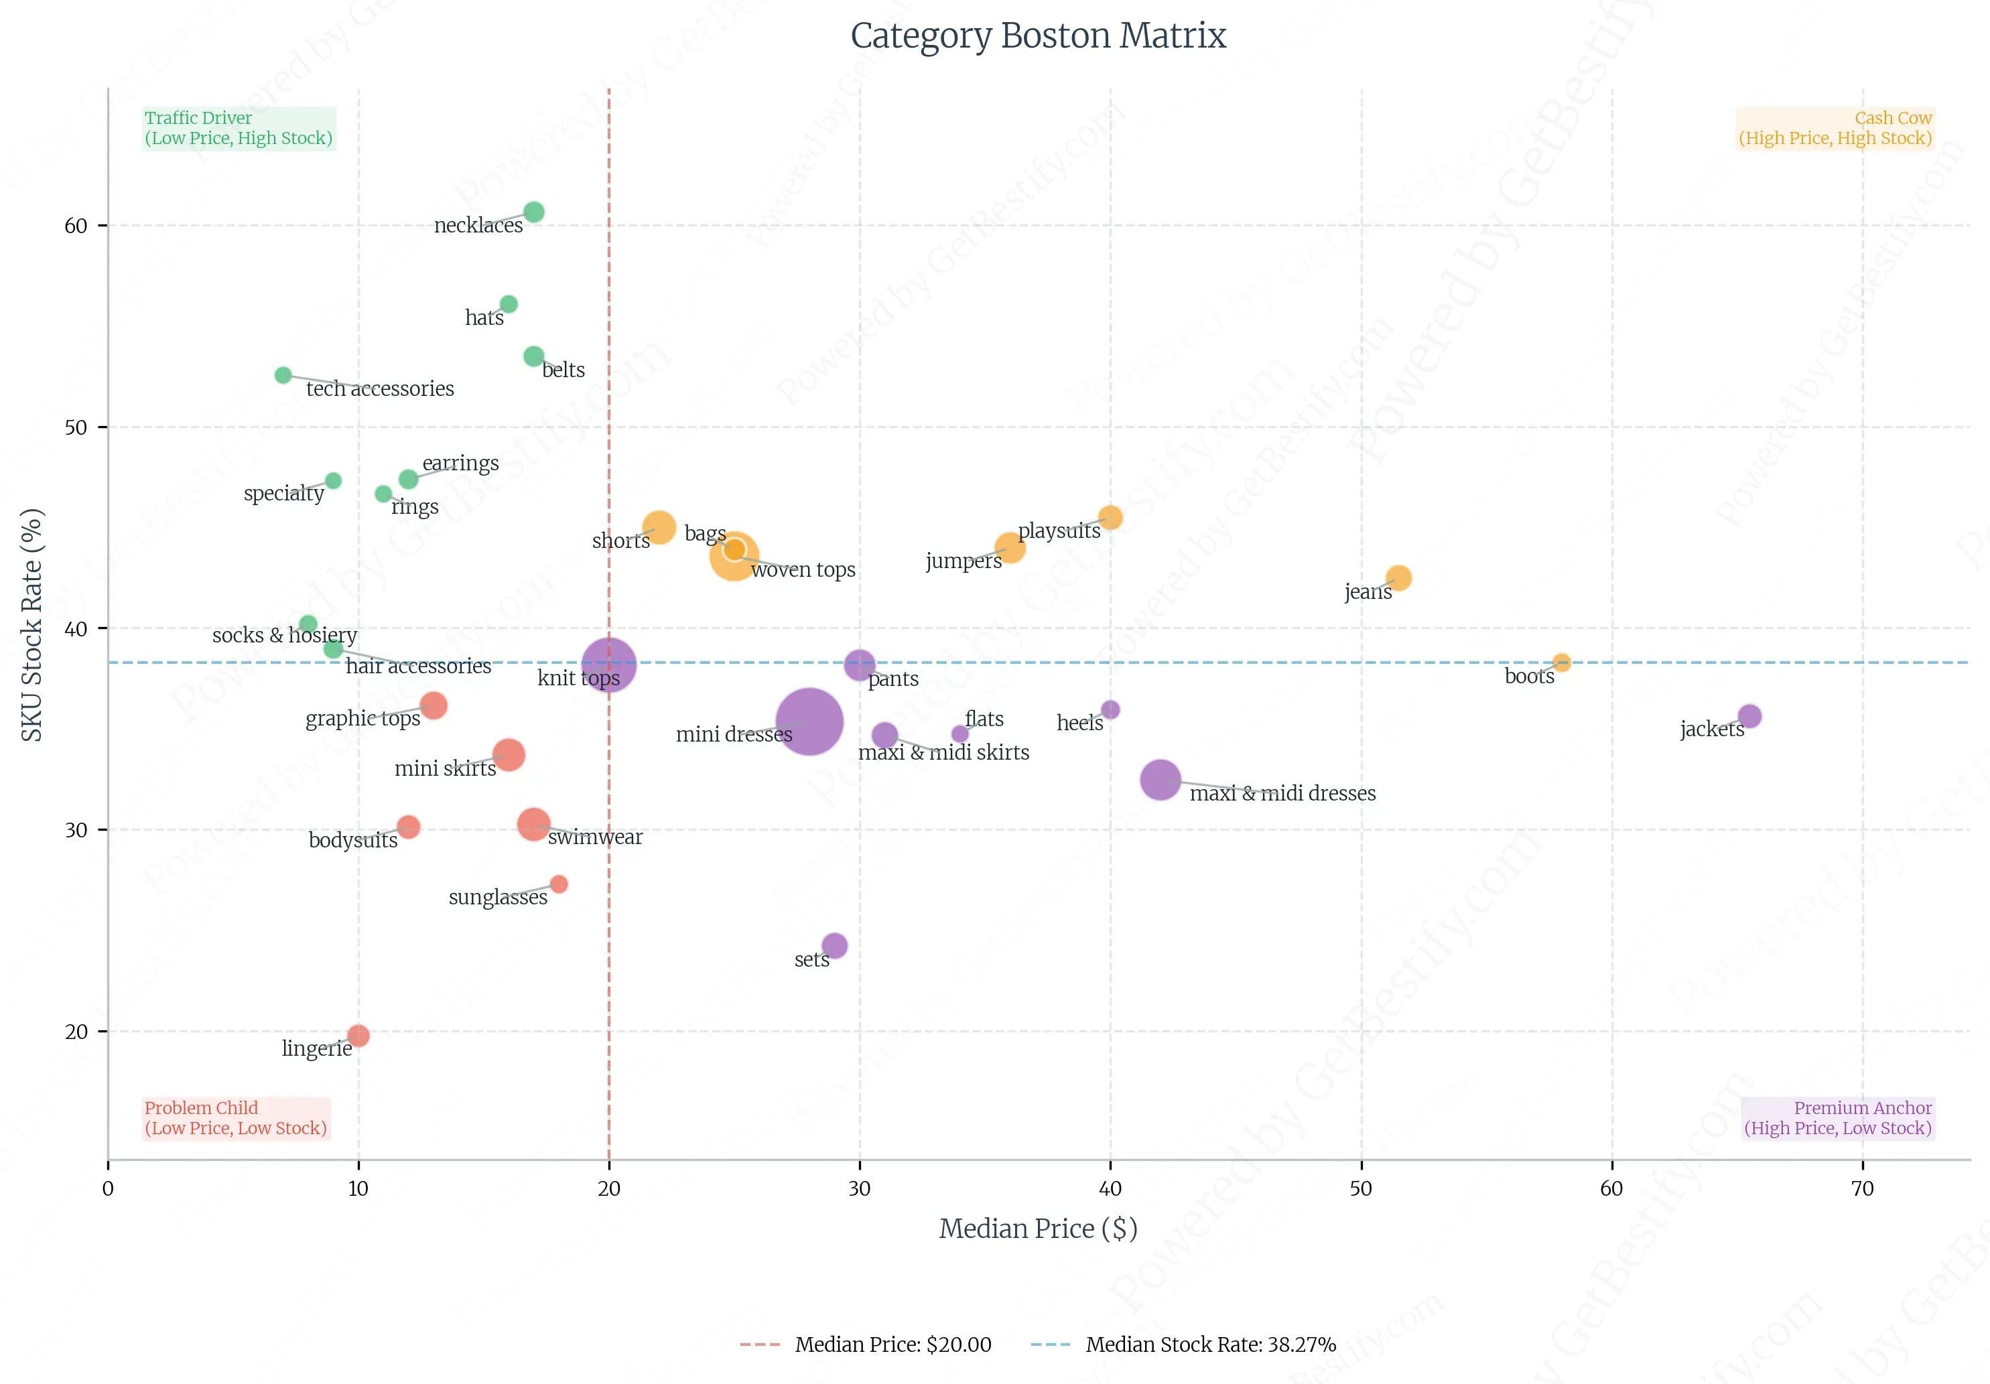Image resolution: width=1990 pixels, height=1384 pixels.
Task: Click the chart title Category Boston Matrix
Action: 1037,36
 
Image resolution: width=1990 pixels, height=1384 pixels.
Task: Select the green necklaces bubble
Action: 534,212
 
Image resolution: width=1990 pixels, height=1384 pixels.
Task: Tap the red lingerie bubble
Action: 358,1036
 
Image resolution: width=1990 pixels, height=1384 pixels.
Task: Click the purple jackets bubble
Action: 1749,717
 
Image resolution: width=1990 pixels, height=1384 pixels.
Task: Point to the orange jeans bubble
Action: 1398,578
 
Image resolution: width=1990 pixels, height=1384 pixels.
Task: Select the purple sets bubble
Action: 834,945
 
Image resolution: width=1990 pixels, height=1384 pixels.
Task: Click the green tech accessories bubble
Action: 283,375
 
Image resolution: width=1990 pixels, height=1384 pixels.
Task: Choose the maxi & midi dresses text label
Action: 1282,794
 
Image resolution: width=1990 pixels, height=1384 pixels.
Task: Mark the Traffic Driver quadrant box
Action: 239,128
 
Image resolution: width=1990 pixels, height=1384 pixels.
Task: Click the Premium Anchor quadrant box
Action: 1837,1118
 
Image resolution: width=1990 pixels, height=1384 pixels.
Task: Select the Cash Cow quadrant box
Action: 1835,128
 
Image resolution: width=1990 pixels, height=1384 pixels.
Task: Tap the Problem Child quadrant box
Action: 236,1118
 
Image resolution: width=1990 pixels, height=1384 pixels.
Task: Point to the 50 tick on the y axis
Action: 76,427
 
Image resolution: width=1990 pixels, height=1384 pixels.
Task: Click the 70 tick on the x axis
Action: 1862,1188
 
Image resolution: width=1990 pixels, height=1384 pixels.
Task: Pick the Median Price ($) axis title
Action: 1037,1228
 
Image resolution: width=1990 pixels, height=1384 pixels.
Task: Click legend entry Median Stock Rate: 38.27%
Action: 1210,1344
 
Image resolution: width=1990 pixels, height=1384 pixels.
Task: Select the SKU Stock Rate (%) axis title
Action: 32,624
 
